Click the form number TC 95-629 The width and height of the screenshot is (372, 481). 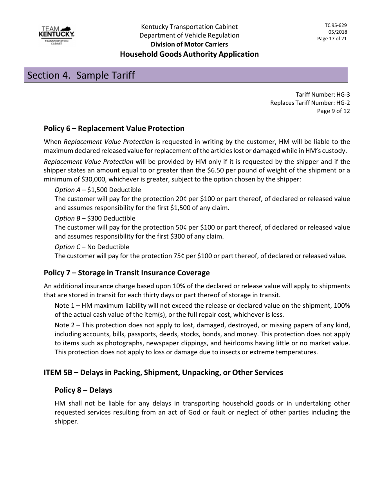pyautogui.click(x=333, y=25)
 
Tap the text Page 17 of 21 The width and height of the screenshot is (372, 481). pyautogui.click(x=332, y=38)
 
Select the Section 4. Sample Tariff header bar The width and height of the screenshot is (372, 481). pyautogui.click(x=186, y=75)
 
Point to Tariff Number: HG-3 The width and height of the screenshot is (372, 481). pyautogui.click(x=323, y=94)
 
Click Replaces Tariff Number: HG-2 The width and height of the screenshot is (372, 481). pyautogui.click(x=310, y=103)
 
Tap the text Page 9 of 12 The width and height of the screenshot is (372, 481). pyautogui.click(x=333, y=111)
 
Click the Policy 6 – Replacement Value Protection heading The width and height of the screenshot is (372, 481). pyautogui.click(x=114, y=129)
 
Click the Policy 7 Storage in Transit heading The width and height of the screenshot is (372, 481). pyautogui.click(x=126, y=273)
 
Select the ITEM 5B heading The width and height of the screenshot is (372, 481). pyautogui.click(x=163, y=373)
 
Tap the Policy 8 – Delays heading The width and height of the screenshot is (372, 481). pyautogui.click(x=83, y=390)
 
